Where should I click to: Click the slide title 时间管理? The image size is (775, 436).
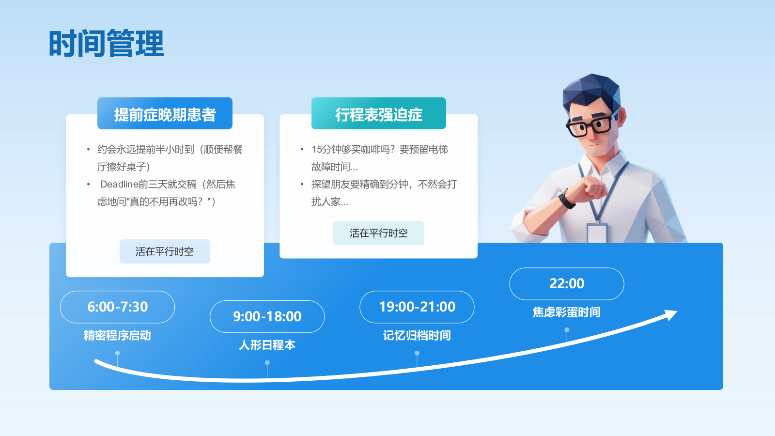(x=106, y=44)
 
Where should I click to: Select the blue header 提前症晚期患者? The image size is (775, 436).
(x=165, y=113)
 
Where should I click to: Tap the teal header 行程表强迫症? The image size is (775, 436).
(x=378, y=113)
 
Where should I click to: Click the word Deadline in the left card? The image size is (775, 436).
(x=119, y=184)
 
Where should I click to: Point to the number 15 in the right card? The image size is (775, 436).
(x=317, y=150)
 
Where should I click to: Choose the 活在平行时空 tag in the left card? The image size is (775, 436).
(x=165, y=251)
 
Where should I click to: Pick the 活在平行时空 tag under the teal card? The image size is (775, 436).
(x=378, y=233)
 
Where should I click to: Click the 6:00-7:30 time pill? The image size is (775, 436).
(x=117, y=307)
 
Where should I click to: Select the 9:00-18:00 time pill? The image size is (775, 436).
(x=267, y=317)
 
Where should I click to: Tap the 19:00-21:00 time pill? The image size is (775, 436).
(x=417, y=307)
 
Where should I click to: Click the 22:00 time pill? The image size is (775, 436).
(x=567, y=284)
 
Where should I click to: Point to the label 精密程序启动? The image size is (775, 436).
(x=117, y=335)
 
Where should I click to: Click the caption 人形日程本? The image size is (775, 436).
(x=267, y=345)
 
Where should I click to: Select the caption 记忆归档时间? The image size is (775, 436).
(x=417, y=335)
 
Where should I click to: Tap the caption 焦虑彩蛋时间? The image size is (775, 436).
(x=567, y=312)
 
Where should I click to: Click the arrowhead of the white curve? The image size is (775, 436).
(x=670, y=314)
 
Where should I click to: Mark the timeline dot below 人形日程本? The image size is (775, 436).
(x=267, y=363)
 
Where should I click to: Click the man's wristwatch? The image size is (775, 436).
(x=565, y=197)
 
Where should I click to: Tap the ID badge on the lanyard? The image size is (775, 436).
(x=597, y=233)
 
